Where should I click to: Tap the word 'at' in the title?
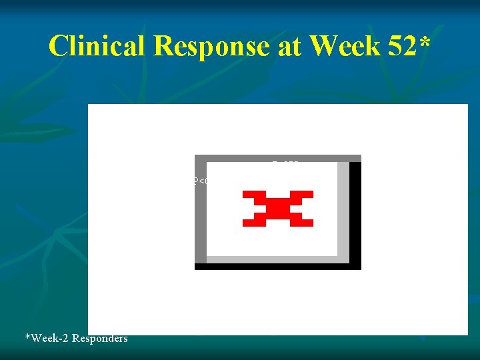pyautogui.click(x=289, y=46)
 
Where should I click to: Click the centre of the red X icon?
pyautogui.click(x=278, y=209)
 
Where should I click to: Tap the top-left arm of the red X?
pyautogui.click(x=253, y=195)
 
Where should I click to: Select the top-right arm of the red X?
pyautogui.click(x=303, y=195)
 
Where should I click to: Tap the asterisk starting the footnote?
pyautogui.click(x=27, y=337)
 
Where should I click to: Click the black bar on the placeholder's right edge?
pyautogui.click(x=355, y=213)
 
